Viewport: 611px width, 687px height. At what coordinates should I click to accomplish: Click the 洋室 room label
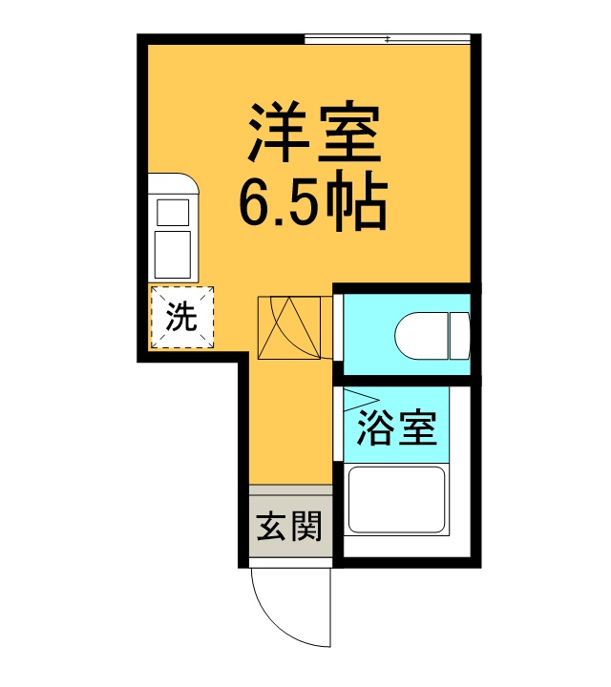pos(314,136)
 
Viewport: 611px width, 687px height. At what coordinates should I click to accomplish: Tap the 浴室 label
pos(397,428)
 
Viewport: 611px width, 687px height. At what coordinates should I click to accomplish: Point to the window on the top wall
pos(387,39)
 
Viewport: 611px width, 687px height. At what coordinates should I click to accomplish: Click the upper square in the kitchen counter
pos(174,211)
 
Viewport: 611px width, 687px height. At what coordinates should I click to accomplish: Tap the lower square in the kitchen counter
pos(174,253)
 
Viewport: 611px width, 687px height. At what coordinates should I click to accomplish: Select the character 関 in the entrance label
pos(306,526)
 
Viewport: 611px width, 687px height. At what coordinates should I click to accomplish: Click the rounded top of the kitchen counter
pos(174,182)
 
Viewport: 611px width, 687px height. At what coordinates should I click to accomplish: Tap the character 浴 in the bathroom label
pos(377,428)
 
